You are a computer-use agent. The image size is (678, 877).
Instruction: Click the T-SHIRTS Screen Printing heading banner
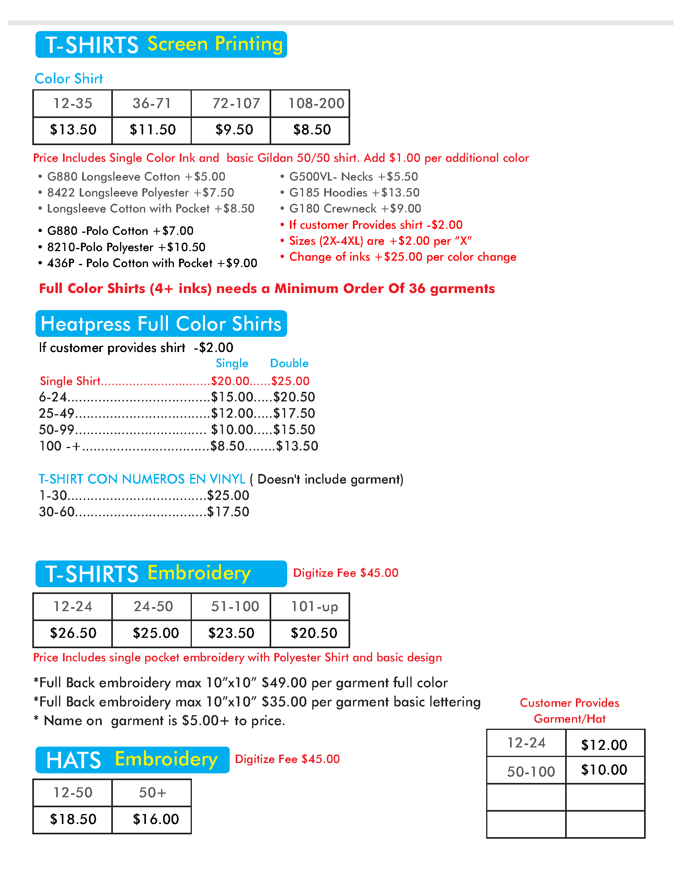coord(161,45)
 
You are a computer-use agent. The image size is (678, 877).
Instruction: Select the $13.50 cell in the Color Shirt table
coord(73,130)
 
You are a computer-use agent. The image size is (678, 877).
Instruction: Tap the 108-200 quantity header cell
coord(316,103)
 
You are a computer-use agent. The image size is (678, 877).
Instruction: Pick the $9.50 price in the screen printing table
coord(234,130)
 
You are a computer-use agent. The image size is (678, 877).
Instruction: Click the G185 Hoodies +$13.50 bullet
coord(354,193)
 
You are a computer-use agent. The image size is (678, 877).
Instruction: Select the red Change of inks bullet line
coord(402,257)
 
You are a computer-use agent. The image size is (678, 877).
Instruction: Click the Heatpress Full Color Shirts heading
coord(161,324)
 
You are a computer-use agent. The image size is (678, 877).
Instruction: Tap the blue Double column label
coord(289,364)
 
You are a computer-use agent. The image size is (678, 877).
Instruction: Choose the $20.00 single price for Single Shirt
coord(230,381)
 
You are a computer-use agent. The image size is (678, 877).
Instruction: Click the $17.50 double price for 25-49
coord(294,413)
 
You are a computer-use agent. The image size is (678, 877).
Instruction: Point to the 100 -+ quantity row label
coord(59,446)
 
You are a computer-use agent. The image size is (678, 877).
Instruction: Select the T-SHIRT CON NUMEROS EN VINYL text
coord(142,479)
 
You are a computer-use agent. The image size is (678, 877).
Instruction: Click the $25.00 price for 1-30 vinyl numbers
coord(228,496)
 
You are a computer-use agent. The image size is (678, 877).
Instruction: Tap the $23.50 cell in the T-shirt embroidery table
coord(231,633)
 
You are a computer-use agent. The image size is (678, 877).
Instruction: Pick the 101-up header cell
coord(314,606)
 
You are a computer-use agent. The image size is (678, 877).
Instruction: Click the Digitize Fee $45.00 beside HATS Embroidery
coord(287,759)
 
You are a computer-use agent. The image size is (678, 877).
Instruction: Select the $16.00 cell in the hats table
coord(156,819)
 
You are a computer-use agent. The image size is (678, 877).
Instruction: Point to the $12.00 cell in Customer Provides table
coord(604,745)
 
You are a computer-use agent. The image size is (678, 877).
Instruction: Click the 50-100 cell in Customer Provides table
coord(530,771)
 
